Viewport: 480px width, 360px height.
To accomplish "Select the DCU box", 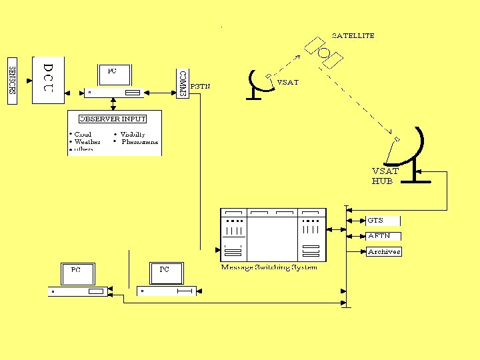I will pyautogui.click(x=48, y=79).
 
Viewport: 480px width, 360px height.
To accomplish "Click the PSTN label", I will pyautogui.click(x=201, y=86).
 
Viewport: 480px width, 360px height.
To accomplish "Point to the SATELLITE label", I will pyautogui.click(x=353, y=35).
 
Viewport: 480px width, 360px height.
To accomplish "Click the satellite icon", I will pyautogui.click(x=323, y=52).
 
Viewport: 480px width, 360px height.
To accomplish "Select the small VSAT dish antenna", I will pyautogui.click(x=255, y=84).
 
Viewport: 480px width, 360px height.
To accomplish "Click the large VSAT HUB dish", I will pyautogui.click(x=410, y=150).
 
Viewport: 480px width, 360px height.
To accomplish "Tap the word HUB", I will pyautogui.click(x=382, y=181).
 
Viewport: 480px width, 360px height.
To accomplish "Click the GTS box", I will pyautogui.click(x=383, y=220).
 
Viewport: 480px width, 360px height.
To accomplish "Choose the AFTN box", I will pyautogui.click(x=383, y=236).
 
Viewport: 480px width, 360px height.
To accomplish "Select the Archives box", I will pyautogui.click(x=384, y=252).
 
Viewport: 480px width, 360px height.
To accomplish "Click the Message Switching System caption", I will pyautogui.click(x=269, y=268).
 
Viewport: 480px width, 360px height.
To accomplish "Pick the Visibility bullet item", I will pyautogui.click(x=132, y=134).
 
